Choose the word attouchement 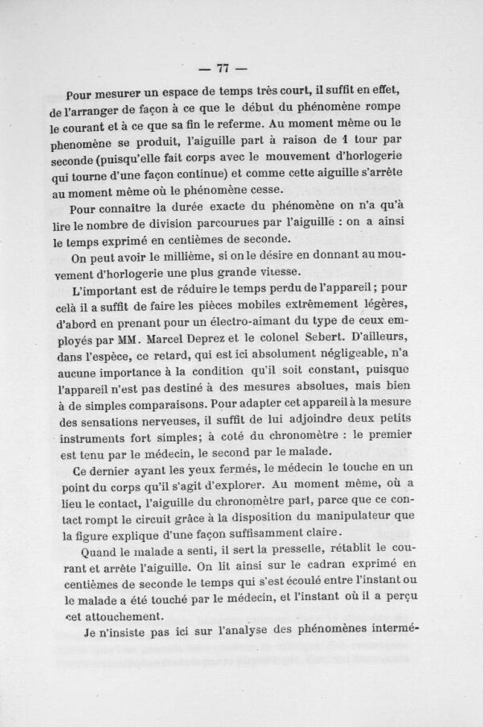click(115, 618)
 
